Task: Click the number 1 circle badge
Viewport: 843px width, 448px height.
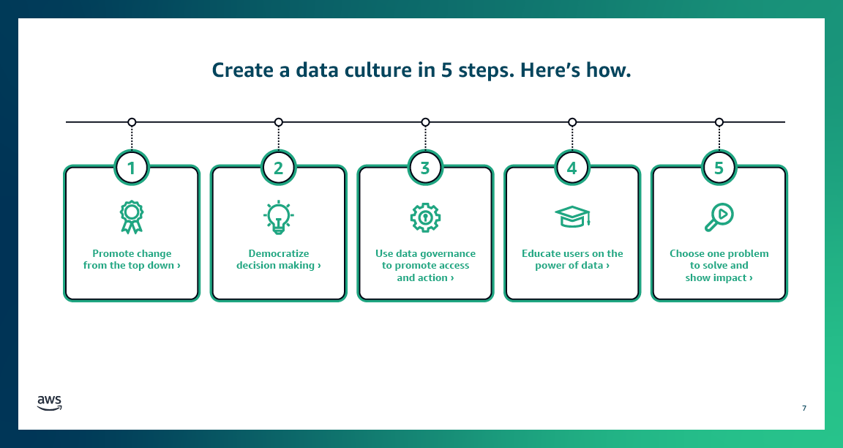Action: (x=132, y=168)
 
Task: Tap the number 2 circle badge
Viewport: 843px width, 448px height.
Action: (x=278, y=168)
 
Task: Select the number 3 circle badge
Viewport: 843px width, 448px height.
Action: (x=425, y=168)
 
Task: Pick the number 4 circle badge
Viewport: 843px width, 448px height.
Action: (x=572, y=168)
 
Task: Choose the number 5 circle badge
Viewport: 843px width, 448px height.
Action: (x=719, y=168)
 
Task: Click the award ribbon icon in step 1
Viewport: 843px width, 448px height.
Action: (x=132, y=217)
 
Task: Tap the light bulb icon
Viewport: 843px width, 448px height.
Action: (x=278, y=217)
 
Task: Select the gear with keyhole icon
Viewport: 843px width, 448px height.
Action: (x=425, y=217)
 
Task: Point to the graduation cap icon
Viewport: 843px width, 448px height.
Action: (x=572, y=216)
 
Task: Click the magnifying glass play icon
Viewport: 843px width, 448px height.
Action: (x=719, y=217)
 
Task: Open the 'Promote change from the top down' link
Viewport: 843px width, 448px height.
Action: (x=132, y=260)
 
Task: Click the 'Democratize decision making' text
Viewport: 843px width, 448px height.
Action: (x=278, y=260)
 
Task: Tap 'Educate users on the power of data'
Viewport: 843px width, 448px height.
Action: (x=572, y=260)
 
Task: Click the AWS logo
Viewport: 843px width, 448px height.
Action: (x=50, y=403)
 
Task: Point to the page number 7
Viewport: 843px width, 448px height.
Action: (x=804, y=408)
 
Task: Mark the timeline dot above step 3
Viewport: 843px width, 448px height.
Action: (x=425, y=122)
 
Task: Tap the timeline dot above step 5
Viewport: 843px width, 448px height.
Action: (x=719, y=122)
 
